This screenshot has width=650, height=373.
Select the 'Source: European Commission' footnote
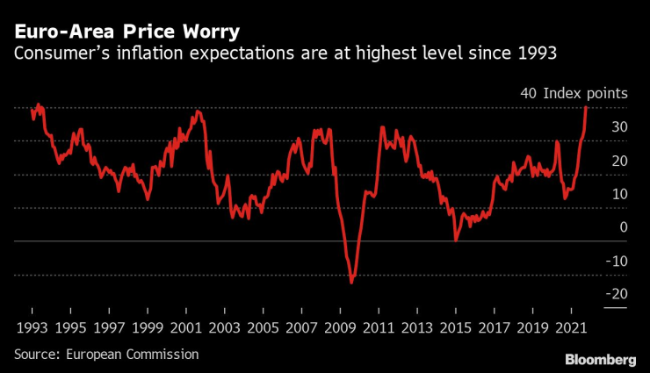(x=105, y=354)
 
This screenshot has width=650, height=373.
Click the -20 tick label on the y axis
(x=615, y=294)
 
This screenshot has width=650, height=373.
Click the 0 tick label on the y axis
(x=622, y=227)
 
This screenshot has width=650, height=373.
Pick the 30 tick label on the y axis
(x=618, y=127)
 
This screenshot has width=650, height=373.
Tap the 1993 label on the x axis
(x=32, y=326)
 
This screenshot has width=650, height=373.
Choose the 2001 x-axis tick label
(x=185, y=326)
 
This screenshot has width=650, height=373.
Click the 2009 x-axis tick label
(x=340, y=326)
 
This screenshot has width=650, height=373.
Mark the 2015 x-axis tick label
(x=455, y=326)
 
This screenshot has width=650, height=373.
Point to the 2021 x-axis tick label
(x=570, y=326)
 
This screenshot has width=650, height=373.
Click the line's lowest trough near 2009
(x=352, y=282)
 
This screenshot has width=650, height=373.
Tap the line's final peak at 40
(x=586, y=107)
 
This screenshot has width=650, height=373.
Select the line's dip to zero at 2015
(x=455, y=240)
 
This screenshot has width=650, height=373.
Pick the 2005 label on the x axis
(x=263, y=326)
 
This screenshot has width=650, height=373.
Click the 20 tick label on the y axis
(x=618, y=161)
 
